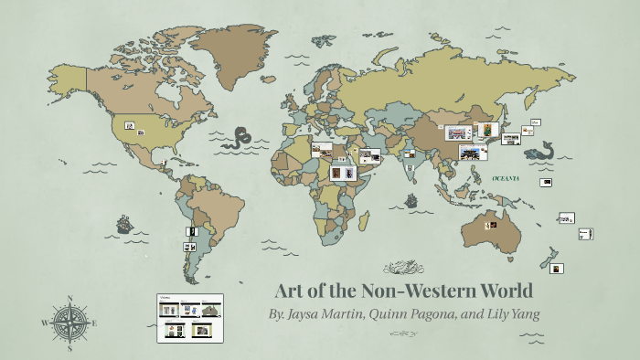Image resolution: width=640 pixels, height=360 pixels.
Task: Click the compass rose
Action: (x=69, y=323)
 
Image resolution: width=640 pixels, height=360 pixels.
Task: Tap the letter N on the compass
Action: (x=69, y=298)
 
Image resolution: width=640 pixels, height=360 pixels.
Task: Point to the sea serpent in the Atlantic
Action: (x=240, y=139)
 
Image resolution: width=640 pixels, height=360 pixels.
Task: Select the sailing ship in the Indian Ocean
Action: (x=411, y=198)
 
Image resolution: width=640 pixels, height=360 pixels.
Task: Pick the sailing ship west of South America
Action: (x=123, y=224)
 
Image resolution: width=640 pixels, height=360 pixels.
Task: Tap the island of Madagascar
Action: (x=364, y=221)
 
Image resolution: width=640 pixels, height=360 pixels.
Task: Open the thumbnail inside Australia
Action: (x=491, y=224)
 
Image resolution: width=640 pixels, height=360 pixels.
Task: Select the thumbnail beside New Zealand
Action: (x=556, y=268)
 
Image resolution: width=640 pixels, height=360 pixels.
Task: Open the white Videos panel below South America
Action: (x=190, y=317)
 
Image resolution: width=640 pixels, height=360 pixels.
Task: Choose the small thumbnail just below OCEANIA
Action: (x=545, y=183)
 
